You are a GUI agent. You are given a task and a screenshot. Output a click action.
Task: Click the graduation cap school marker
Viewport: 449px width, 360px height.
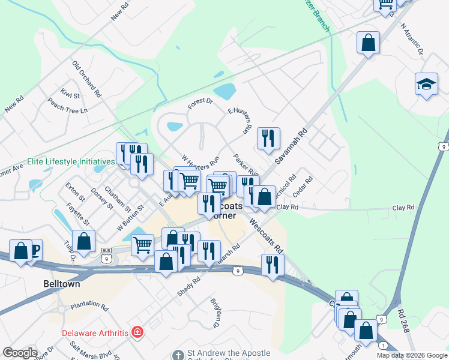pos(426,84)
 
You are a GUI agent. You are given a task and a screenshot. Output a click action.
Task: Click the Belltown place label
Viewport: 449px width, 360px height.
pos(62,284)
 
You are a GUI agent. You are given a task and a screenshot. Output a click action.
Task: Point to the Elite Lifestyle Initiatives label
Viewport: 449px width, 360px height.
pos(71,162)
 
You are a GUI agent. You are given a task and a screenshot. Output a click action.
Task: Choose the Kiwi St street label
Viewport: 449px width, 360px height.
pos(70,93)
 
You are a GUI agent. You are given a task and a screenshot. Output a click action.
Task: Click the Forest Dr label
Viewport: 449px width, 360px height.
pos(200,104)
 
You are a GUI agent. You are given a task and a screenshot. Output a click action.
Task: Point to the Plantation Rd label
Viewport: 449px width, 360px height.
pos(89,307)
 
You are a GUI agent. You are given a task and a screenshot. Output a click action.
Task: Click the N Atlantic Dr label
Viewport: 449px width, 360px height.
pos(412,40)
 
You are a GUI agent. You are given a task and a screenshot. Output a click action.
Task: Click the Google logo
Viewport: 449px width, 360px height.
pos(20,353)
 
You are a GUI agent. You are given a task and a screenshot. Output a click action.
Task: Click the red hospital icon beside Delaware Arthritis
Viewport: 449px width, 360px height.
pos(137,332)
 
